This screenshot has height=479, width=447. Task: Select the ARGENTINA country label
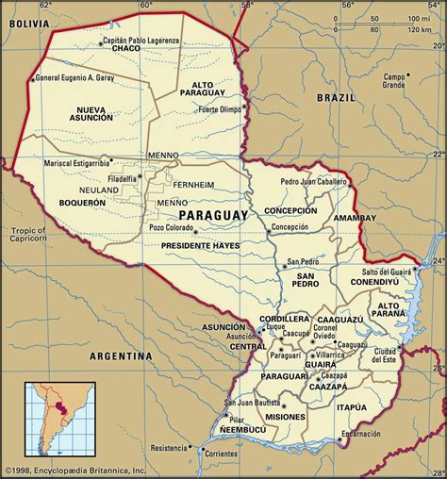coord(120,356)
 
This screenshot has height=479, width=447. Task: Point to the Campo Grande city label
coord(393,80)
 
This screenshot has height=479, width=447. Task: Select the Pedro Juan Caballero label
coord(316,180)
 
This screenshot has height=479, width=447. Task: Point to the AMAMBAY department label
coord(354,217)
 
